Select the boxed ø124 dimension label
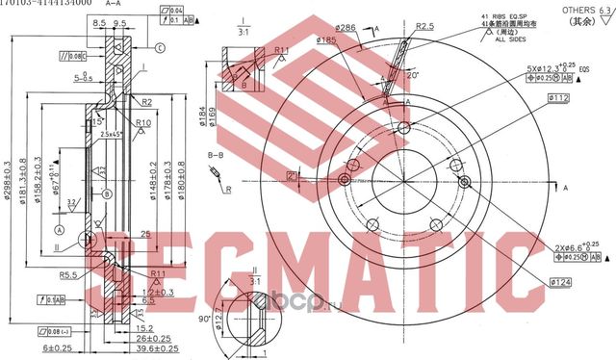(x=562, y=281)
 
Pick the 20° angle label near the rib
(x=414, y=73)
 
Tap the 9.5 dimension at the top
(x=120, y=21)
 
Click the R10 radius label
(x=143, y=123)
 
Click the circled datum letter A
(x=60, y=231)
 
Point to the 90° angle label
(x=204, y=319)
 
